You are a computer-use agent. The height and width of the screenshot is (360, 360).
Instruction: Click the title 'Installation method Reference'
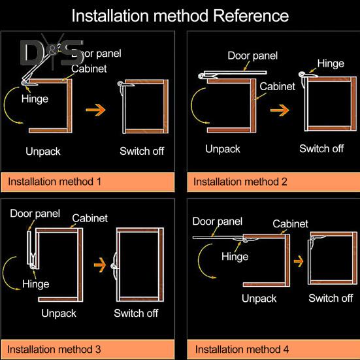coord(180,16)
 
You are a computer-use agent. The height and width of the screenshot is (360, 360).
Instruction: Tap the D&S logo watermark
coord(52,52)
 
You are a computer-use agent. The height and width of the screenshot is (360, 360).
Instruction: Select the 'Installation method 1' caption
coord(55,182)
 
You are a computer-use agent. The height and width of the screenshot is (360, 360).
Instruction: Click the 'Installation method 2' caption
coord(240,182)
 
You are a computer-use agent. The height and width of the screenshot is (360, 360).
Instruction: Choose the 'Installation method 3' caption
coord(54,349)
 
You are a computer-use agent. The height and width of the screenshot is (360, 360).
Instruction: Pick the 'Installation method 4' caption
coord(242,349)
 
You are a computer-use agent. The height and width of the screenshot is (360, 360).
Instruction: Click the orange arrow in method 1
coord(96,110)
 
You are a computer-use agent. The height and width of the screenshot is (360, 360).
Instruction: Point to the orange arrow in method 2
coord(280,110)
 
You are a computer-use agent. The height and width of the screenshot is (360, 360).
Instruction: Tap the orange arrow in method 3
coord(100,265)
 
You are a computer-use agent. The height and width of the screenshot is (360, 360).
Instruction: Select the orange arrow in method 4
coord(299,261)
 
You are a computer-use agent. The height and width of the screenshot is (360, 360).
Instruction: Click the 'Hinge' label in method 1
coord(35,99)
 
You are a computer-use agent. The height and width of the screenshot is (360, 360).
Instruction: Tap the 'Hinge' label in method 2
coord(331,63)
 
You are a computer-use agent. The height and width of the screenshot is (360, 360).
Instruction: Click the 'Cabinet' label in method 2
coord(277,86)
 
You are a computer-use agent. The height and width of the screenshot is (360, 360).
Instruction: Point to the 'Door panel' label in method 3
coord(35,214)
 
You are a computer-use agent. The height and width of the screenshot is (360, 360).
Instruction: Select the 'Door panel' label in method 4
coord(217,221)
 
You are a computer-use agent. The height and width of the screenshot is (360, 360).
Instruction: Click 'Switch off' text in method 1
coord(142,151)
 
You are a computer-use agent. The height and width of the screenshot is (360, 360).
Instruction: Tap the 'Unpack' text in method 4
coord(259,299)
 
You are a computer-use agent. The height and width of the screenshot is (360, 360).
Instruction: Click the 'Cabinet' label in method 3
coord(90,218)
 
